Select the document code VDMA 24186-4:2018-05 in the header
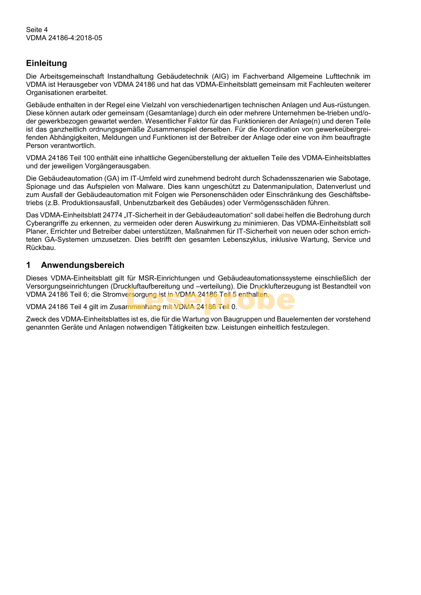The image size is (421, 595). [64, 38]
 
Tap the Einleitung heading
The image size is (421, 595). [46, 63]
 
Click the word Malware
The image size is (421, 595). [150, 186]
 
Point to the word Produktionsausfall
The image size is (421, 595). [91, 203]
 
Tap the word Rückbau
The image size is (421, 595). [40, 248]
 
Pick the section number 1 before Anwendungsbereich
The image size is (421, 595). [28, 265]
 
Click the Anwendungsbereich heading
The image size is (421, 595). [82, 265]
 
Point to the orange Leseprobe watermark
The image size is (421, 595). [211, 300]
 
